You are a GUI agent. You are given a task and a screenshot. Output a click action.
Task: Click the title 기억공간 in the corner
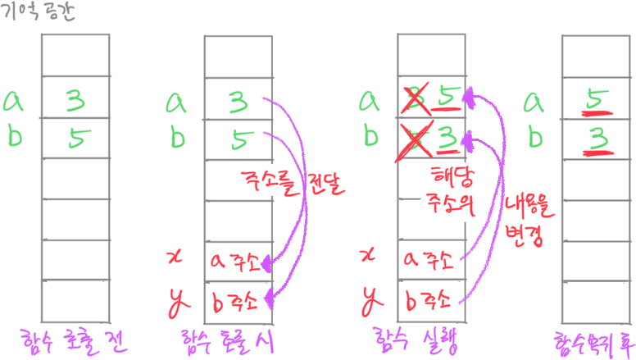click(39, 13)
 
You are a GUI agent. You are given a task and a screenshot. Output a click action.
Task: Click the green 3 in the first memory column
click(75, 100)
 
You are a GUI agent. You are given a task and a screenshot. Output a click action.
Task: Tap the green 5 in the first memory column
click(75, 139)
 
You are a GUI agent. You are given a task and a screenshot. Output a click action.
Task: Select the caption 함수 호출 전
click(75, 339)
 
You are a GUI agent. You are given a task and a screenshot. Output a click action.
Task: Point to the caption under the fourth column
click(591, 339)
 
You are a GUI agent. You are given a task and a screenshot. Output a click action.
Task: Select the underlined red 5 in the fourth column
click(595, 100)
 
